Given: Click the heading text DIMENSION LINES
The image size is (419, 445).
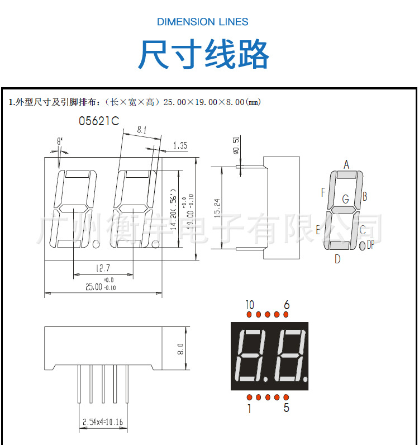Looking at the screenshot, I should pyautogui.click(x=203, y=22).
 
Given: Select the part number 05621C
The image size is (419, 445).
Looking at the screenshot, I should pyautogui.click(x=98, y=121).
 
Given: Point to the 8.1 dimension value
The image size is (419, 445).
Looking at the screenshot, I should pyautogui.click(x=141, y=130).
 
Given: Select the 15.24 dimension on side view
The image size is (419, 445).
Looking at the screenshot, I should pyautogui.click(x=218, y=207).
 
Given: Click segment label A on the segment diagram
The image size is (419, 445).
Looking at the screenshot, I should pyautogui.click(x=346, y=164).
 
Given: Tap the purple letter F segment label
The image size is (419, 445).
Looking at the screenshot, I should pyautogui.click(x=323, y=193).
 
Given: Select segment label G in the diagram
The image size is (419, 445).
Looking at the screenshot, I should pyautogui.click(x=345, y=199).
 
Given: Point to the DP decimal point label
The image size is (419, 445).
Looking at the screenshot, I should pyautogui.click(x=370, y=244).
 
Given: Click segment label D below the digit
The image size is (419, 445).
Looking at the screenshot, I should pyautogui.click(x=337, y=259).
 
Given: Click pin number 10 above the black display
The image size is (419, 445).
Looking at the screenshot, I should pyautogui.click(x=249, y=305).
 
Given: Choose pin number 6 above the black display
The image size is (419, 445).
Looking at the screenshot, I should pyautogui.click(x=287, y=305).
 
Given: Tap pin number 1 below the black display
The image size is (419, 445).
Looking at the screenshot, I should pyautogui.click(x=249, y=409).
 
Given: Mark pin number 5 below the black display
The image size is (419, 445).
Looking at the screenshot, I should pyautogui.click(x=287, y=408).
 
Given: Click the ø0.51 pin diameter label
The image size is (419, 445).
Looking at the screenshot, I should pyautogui.click(x=236, y=144).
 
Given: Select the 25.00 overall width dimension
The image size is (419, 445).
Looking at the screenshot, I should pyautogui.click(x=94, y=287).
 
